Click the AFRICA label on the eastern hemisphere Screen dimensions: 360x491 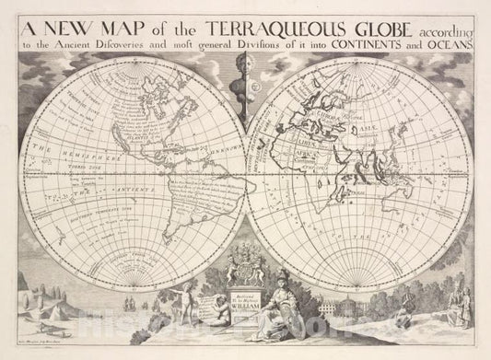pyautogui.click(x=293, y=171)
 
